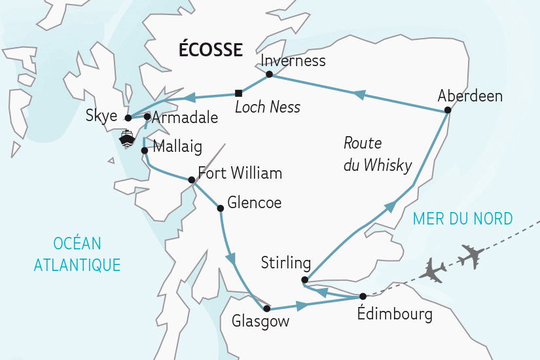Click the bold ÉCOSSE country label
tap(211, 50)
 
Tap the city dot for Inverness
tap(269, 75)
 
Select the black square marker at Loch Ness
tap(238, 92)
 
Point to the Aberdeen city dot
tap(447, 110)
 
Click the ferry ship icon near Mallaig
tap(126, 138)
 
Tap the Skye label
tap(101, 117)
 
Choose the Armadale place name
tap(176, 118)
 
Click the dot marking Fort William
tap(191, 180)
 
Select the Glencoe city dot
tap(221, 208)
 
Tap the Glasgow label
tap(260, 322)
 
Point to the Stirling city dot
tap(304, 280)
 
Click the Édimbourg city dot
tap(363, 297)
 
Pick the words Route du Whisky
tap(377, 154)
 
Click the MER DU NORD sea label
tap(463, 219)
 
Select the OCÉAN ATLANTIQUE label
tap(77, 255)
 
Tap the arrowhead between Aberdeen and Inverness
tap(358, 95)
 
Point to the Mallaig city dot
tap(144, 150)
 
